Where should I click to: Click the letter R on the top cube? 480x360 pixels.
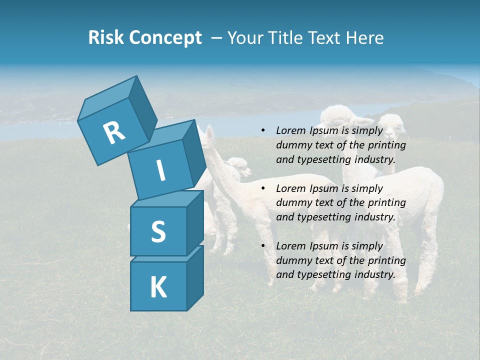click(x=114, y=133)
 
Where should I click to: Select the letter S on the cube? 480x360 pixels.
click(x=158, y=232)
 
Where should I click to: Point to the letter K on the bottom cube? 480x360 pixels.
click(x=158, y=287)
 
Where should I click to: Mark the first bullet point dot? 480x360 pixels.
click(x=263, y=131)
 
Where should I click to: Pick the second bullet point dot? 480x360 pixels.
click(x=263, y=188)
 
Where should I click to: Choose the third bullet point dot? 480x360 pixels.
click(x=263, y=246)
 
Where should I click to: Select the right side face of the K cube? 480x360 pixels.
click(x=195, y=277)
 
